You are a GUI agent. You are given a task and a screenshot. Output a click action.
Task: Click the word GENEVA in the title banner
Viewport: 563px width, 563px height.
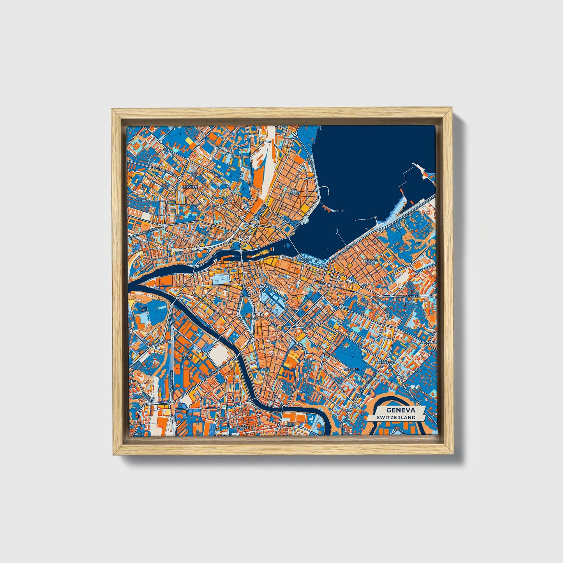pos(401,410)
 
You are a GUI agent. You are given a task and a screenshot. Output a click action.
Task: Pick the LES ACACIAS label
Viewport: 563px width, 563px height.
pos(186,357)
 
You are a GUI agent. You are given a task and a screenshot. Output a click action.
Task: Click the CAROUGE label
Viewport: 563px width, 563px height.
pos(240,427)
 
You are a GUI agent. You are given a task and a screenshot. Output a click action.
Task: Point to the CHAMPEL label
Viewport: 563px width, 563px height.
pos(351,368)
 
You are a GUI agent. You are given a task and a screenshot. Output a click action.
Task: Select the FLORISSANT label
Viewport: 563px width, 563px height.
pos(385,362)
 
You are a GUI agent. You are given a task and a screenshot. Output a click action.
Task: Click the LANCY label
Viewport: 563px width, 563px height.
pos(138,434)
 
